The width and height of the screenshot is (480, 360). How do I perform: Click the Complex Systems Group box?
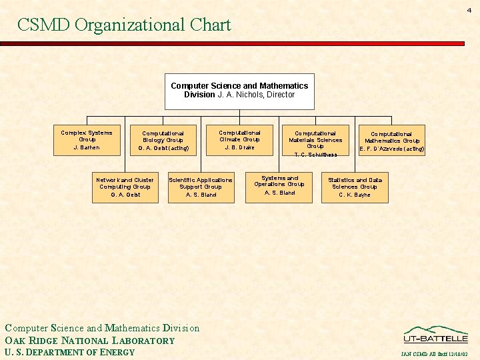pyautogui.click(x=87, y=139)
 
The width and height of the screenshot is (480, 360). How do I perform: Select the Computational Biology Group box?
pyautogui.click(x=163, y=140)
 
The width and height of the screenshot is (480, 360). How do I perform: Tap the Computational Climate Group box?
pyautogui.click(x=239, y=139)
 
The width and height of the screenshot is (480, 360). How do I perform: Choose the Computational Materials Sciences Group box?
pyautogui.click(x=315, y=141)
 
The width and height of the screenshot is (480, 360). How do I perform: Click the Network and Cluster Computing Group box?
pyautogui.click(x=125, y=187)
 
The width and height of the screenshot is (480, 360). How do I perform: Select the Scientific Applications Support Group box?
pyautogui.click(x=201, y=187)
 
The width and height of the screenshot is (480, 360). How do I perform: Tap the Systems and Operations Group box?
pyautogui.click(x=279, y=187)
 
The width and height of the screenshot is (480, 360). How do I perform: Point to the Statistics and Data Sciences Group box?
pyautogui.click(x=355, y=187)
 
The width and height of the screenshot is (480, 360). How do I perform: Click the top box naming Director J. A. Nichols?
pyautogui.click(x=239, y=91)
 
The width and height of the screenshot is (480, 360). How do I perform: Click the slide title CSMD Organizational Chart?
pyautogui.click(x=124, y=25)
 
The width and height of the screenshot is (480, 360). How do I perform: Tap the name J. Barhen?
pyautogui.click(x=87, y=147)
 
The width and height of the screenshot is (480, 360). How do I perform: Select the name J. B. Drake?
pyautogui.click(x=239, y=147)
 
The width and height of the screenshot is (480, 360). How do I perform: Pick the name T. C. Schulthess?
pyautogui.click(x=315, y=155)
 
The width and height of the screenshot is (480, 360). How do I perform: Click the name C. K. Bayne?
pyautogui.click(x=355, y=195)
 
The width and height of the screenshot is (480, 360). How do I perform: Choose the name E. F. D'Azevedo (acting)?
pyautogui.click(x=392, y=149)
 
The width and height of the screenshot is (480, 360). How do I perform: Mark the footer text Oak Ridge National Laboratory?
pyautogui.click(x=89, y=341)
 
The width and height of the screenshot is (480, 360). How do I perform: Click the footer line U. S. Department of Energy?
pyautogui.click(x=69, y=353)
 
